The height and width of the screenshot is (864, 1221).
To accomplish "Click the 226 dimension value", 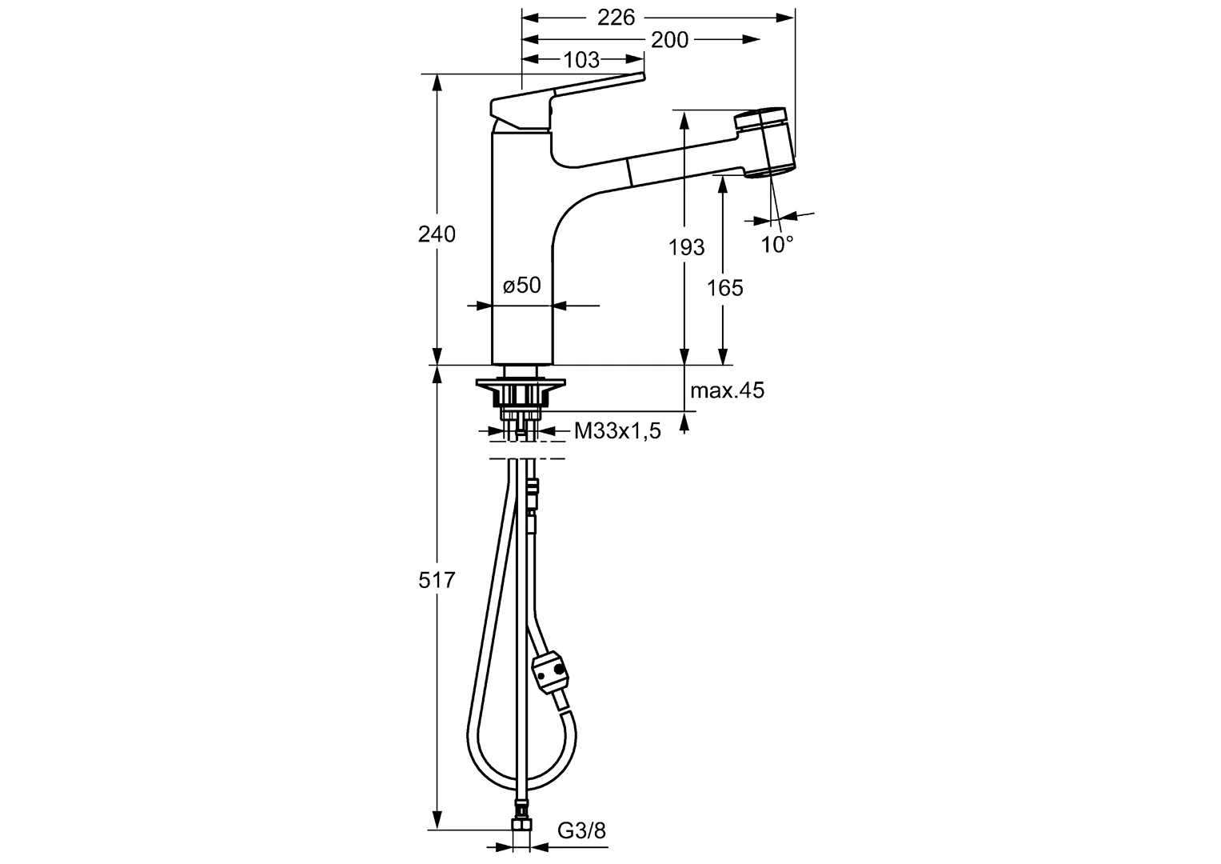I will pos(616,17).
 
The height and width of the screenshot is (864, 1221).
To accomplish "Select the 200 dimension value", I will pos(669,39).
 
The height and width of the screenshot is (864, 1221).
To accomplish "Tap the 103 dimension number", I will pos(581,60).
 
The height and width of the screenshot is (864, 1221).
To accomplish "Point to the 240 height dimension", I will pos(437,234).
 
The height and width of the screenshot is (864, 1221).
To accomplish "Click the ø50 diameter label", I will pos(522,285).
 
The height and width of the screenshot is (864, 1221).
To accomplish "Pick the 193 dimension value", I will pos(687,247).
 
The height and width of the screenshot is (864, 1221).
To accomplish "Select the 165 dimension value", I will pos(725,287).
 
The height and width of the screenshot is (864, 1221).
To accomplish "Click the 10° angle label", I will pos(776,245).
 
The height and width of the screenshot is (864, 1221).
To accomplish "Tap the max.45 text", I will pos(727,390).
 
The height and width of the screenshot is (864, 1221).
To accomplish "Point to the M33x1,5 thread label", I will pos(617,432).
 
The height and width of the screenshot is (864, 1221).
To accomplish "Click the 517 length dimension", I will pos(437,580).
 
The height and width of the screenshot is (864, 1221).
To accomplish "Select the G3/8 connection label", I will pos(581,831).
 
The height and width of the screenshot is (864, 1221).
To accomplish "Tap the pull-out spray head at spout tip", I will pos(766,142).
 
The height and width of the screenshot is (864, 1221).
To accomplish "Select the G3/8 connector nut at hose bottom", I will pos(521,827).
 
